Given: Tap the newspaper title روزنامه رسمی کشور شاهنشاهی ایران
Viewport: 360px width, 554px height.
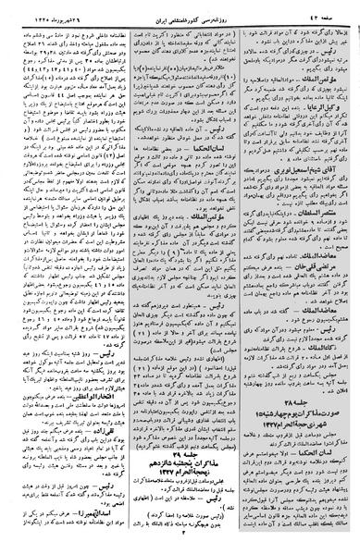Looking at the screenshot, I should coord(180,9).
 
